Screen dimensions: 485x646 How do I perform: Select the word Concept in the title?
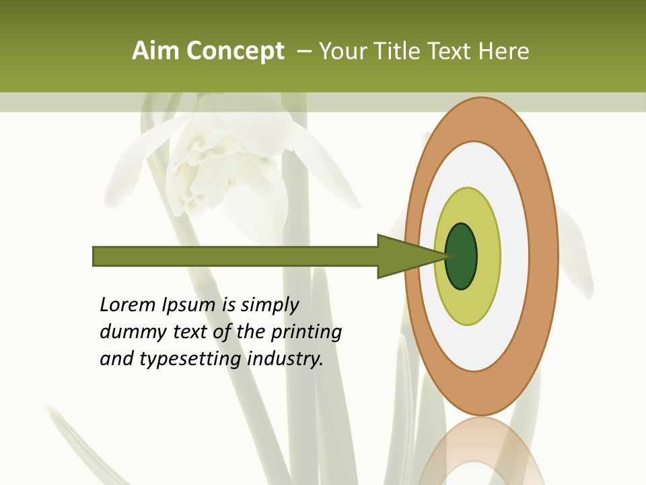coord(236,51)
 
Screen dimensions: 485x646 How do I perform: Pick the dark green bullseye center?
coord(462,256)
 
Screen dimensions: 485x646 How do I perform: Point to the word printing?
coord(306,333)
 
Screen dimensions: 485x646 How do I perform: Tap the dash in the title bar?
coord(303,51)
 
